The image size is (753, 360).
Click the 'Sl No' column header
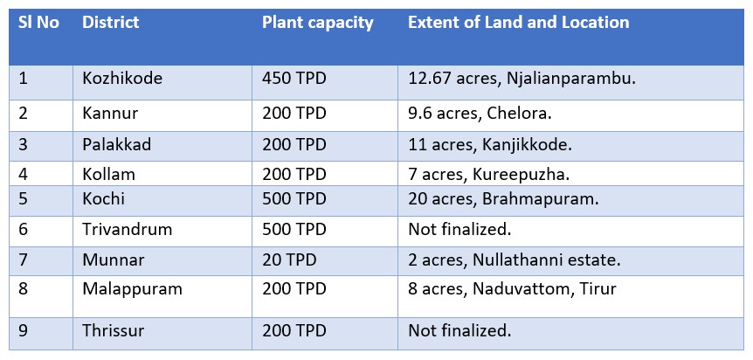(38, 23)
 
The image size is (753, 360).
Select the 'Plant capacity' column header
(317, 23)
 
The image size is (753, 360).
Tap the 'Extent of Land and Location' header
(519, 23)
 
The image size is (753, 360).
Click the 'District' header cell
(110, 23)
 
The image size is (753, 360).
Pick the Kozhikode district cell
(122, 79)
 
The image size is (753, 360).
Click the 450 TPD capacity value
(294, 79)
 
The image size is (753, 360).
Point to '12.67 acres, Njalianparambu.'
(522, 79)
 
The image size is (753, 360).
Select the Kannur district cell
(110, 114)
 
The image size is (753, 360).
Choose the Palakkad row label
(117, 145)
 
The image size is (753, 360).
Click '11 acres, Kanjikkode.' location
(490, 145)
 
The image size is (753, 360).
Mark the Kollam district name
(108, 174)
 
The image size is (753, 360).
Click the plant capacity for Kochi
(294, 199)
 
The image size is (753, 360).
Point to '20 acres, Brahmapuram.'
(503, 199)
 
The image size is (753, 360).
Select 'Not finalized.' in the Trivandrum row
(459, 229)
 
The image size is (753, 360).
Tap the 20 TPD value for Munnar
(289, 260)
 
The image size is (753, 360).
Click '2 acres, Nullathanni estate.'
(515, 260)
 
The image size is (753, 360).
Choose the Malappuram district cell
(133, 289)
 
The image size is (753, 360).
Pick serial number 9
(23, 330)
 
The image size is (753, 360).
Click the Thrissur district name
(113, 330)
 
